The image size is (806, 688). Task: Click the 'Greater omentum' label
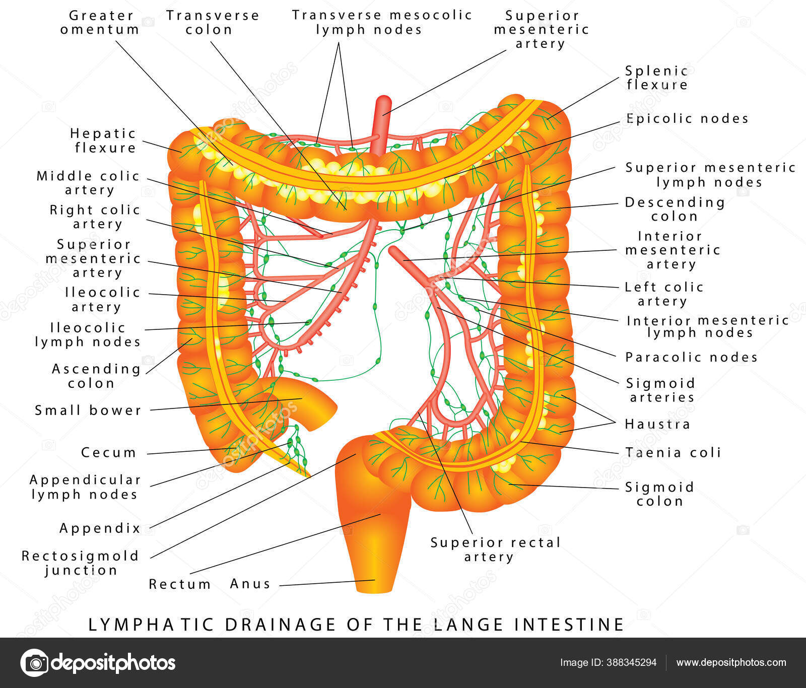pos(100,23)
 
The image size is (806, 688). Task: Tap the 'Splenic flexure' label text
pos(657,78)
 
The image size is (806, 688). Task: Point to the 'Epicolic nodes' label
pos(687,118)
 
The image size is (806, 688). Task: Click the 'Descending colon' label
pos(675,209)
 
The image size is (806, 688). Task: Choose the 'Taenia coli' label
pos(673,452)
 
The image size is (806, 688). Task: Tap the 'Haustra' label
pos(657,424)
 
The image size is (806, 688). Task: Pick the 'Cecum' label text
pos(109,452)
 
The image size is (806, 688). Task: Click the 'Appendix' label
pos(100,528)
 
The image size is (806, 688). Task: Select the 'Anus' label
pos(250,584)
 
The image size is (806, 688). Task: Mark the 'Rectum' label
pos(180,584)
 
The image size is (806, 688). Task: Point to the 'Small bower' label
pos(88,410)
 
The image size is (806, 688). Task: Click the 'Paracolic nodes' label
pos(691,357)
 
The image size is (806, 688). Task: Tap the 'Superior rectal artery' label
pos(495,549)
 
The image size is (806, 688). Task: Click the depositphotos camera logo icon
pos(34,662)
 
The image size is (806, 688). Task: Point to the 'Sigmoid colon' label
pos(659,494)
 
